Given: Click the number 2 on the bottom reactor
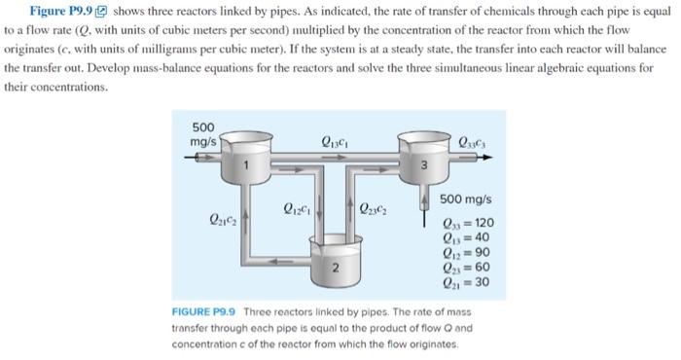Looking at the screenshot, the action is click(x=335, y=265).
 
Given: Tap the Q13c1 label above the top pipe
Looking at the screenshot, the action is click(x=334, y=144).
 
